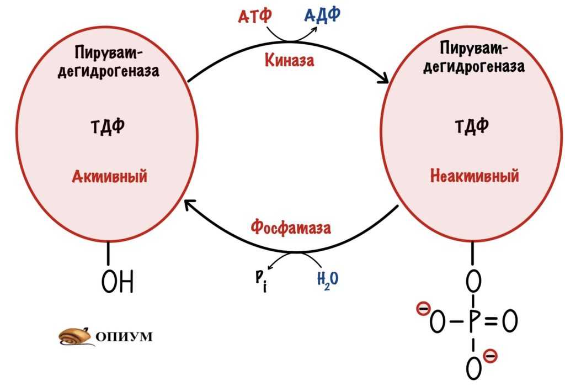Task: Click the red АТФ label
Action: pos(255,17)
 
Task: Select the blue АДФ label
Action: pos(322,15)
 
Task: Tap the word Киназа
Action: pos(289,60)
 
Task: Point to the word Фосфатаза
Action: pos(291,227)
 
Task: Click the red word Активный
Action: pos(110,177)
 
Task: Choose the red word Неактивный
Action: pos(475,177)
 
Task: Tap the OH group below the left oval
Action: pos(118,282)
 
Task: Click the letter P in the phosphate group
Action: pos(472,322)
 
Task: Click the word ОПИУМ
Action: pos(125,336)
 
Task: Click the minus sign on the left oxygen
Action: pos(423,309)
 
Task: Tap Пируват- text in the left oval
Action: pos(109,54)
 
